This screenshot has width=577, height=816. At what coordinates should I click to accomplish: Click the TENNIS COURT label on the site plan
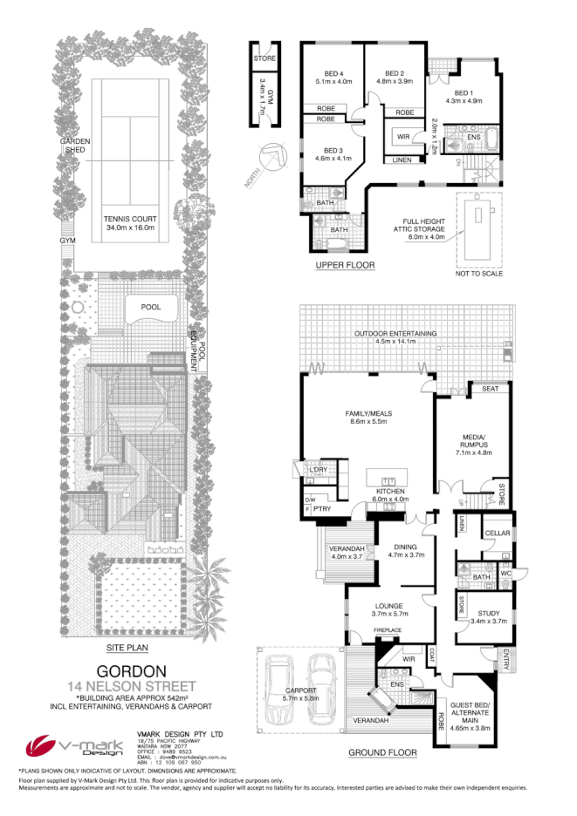[x=128, y=222]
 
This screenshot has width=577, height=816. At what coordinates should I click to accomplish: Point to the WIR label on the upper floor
[x=403, y=137]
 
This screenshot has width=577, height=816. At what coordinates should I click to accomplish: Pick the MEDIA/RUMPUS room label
[x=472, y=447]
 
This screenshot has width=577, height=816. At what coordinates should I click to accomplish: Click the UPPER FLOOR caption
[x=346, y=264]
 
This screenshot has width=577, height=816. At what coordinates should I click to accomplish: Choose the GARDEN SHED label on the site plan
[x=69, y=145]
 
